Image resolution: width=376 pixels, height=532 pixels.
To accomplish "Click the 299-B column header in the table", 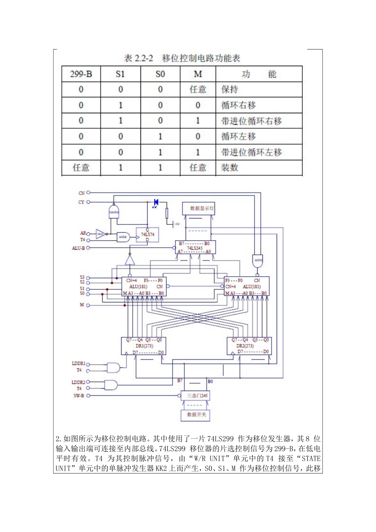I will click(81, 74).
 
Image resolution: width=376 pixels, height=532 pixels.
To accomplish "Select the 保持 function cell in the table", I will click(230, 89).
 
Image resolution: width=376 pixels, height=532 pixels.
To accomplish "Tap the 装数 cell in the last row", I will click(230, 167).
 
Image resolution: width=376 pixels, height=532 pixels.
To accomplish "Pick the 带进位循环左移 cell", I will click(251, 152).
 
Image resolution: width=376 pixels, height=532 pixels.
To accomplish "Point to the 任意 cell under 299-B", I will click(81, 167).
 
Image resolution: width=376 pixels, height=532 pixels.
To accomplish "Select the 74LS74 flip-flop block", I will click(148, 235).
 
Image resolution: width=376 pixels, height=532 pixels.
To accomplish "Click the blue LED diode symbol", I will click(156, 202).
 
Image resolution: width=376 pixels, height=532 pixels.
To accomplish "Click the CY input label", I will click(81, 202).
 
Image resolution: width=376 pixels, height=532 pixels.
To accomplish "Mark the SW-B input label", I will click(78, 395).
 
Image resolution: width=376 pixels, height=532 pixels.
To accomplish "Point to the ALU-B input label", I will click(78, 248).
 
